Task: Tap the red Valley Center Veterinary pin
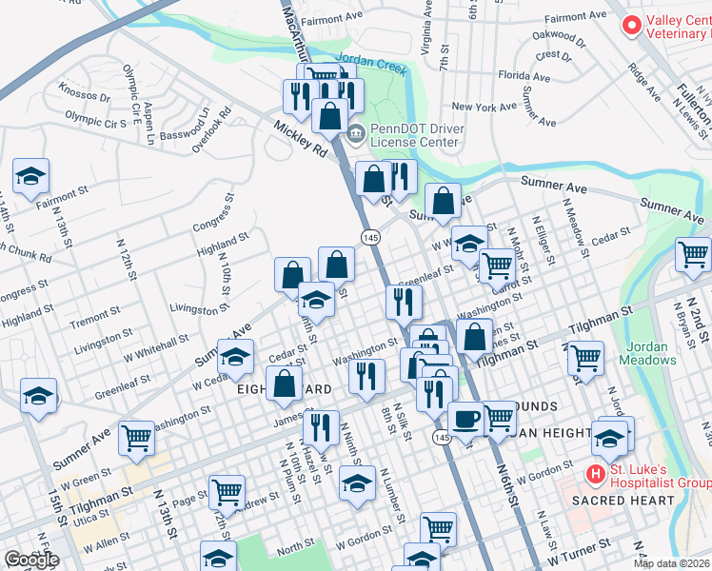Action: [630, 27]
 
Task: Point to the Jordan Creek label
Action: [371, 59]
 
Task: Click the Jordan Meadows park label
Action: [649, 353]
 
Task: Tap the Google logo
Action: [30, 561]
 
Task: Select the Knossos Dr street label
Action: [84, 97]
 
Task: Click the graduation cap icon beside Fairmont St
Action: [31, 175]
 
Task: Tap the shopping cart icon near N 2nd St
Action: [693, 254]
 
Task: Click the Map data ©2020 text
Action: [672, 563]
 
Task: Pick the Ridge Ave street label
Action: [645, 83]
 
